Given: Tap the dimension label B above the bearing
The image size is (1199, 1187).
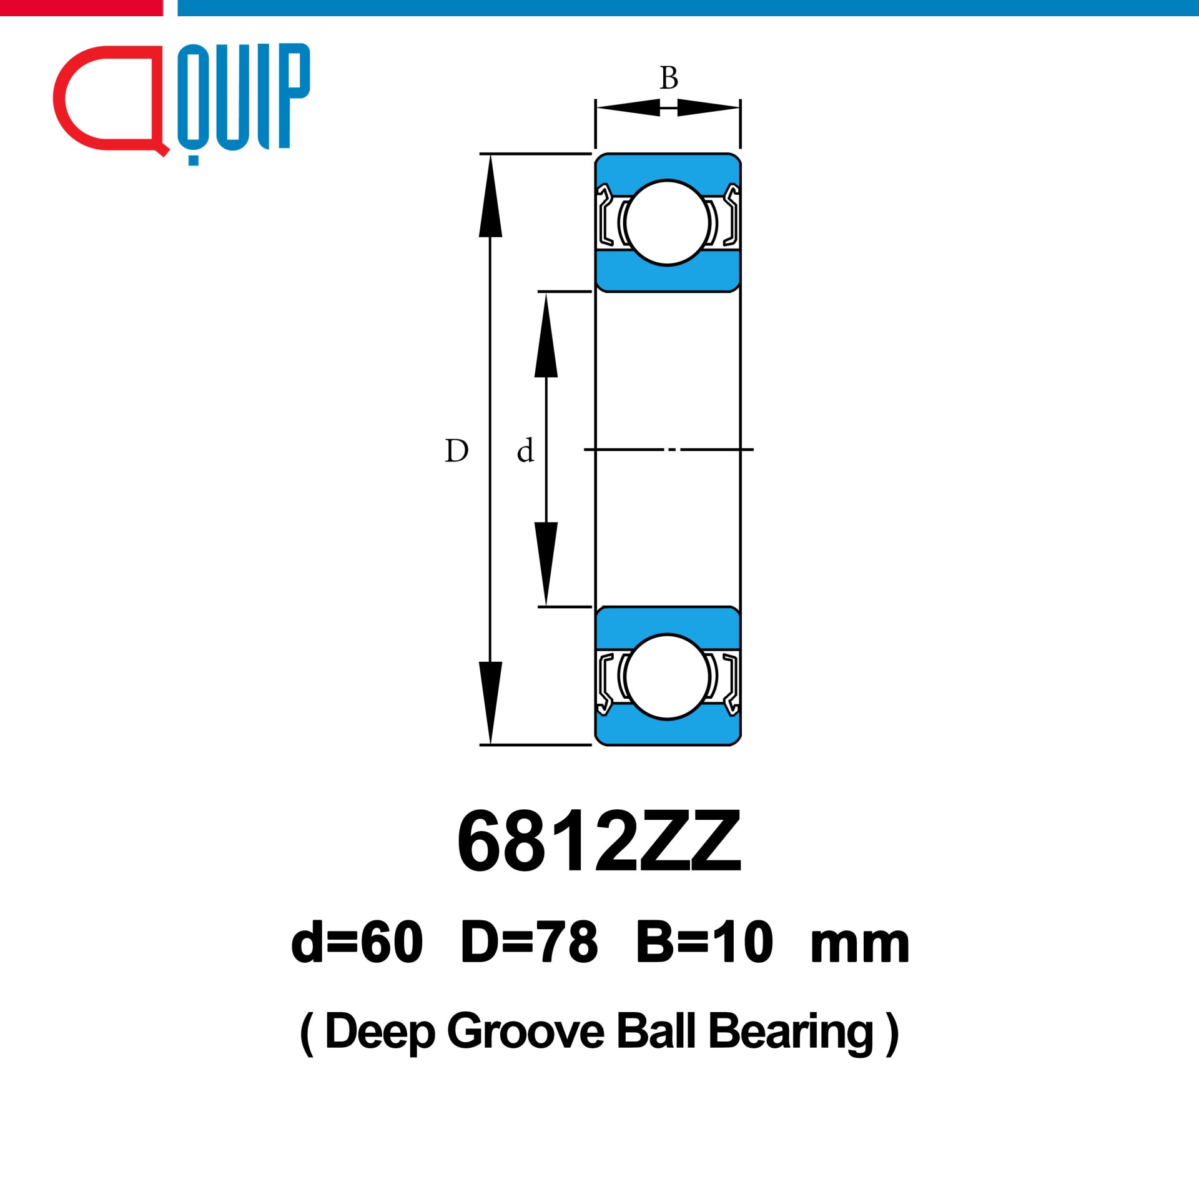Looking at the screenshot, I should point(669,78).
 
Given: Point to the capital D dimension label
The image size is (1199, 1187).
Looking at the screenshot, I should point(456,450).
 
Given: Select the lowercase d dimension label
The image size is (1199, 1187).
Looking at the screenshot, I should point(525,450).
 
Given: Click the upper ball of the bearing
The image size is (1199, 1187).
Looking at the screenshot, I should point(667,223).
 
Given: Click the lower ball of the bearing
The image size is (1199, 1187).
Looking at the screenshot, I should point(667,676).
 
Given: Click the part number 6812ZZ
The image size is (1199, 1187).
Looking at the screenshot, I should point(599,841).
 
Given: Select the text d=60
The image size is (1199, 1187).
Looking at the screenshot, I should point(357,942).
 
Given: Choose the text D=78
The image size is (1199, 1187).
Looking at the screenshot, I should point(530,942).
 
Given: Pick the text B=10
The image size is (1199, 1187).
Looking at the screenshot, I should point(704,942).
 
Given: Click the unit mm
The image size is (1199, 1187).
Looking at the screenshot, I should point(859,946).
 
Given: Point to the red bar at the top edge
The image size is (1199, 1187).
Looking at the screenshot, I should point(81,7).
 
